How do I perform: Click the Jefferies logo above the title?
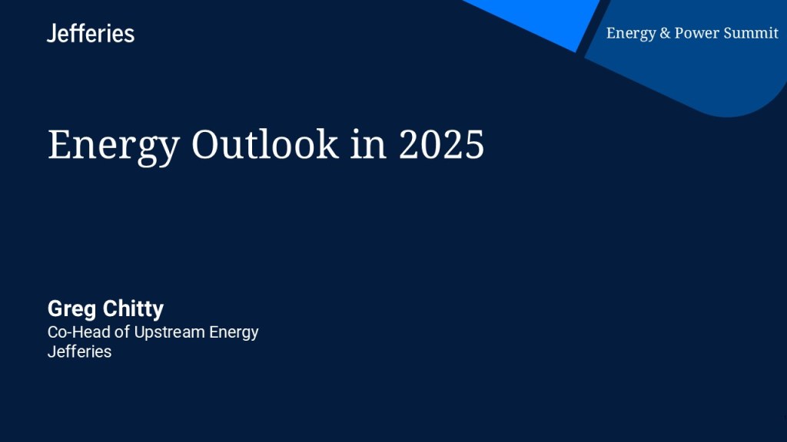point(91,33)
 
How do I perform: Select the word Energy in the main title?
point(114,147)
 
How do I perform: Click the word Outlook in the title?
point(265,144)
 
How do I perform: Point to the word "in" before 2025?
point(368,144)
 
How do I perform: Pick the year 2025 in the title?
point(442,144)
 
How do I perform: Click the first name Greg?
point(71,309)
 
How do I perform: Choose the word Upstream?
point(170,333)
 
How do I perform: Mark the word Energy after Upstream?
point(234,333)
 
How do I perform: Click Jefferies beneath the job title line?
point(79,351)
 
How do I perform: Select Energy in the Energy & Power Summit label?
point(632,34)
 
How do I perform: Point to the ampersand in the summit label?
point(665,33)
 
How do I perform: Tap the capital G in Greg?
point(55,308)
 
